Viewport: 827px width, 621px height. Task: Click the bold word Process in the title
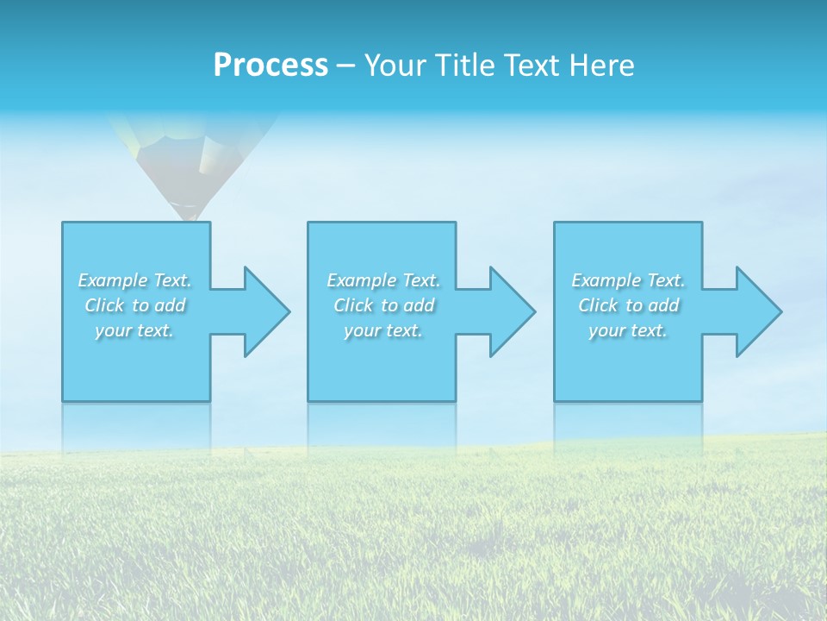pos(270,66)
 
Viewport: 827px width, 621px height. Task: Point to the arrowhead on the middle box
pos(511,311)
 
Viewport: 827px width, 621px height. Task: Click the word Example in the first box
pos(113,280)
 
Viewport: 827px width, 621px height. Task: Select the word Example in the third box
pos(606,280)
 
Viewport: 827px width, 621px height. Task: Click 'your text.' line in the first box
pos(134,330)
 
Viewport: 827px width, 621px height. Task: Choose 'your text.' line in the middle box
pos(383,330)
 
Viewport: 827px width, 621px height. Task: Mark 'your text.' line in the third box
pos(628,330)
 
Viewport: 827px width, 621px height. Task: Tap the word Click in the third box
pos(598,305)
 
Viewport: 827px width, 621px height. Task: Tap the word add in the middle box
pos(419,305)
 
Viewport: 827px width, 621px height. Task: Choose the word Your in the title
pos(393,66)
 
